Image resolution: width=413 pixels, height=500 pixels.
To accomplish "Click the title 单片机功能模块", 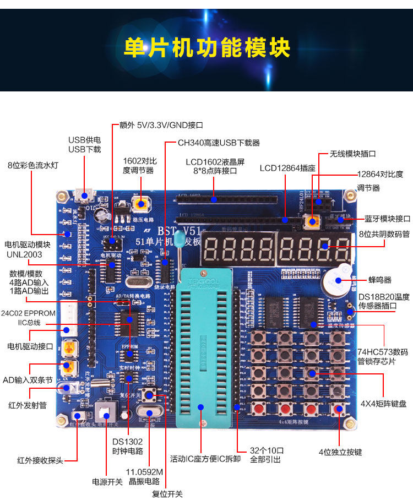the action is (x=206, y=48).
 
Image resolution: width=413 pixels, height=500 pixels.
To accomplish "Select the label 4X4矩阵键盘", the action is (x=383, y=404).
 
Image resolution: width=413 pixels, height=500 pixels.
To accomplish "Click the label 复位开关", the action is (x=167, y=493).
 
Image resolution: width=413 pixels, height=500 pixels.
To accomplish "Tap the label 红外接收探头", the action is (x=40, y=460).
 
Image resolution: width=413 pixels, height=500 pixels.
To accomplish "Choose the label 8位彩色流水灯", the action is (x=33, y=165).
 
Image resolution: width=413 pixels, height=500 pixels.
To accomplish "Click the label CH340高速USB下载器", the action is (x=218, y=143).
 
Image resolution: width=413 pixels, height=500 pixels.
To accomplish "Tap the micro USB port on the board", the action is (x=85, y=194).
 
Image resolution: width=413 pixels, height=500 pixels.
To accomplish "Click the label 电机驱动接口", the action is (x=30, y=346).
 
